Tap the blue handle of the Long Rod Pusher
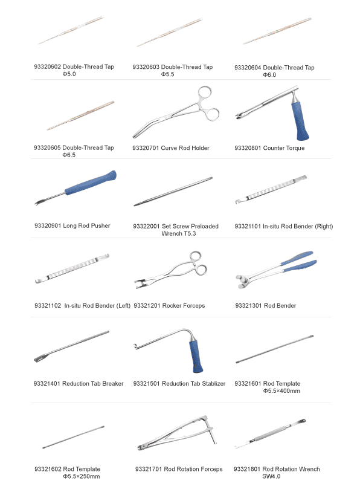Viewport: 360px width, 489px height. [91, 183]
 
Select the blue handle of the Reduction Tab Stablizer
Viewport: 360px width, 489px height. [195, 357]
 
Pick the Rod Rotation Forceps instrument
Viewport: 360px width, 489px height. [177, 433]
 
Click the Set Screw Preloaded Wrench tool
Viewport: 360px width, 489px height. [173, 192]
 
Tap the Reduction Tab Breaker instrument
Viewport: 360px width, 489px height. [71, 346]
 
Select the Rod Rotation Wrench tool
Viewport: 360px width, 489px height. [270, 434]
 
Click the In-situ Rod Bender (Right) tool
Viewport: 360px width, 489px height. [271, 189]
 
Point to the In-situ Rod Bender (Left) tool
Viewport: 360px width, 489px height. [72, 268]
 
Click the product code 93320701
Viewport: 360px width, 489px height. [146, 148]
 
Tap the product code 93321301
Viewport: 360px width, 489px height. [248, 306]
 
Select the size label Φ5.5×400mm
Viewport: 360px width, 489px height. [281, 390]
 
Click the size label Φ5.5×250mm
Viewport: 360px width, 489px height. [82, 476]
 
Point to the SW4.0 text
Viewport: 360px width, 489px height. [271, 476]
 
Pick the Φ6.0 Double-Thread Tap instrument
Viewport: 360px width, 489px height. [277, 31]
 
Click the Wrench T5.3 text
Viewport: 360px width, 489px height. [179, 233]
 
